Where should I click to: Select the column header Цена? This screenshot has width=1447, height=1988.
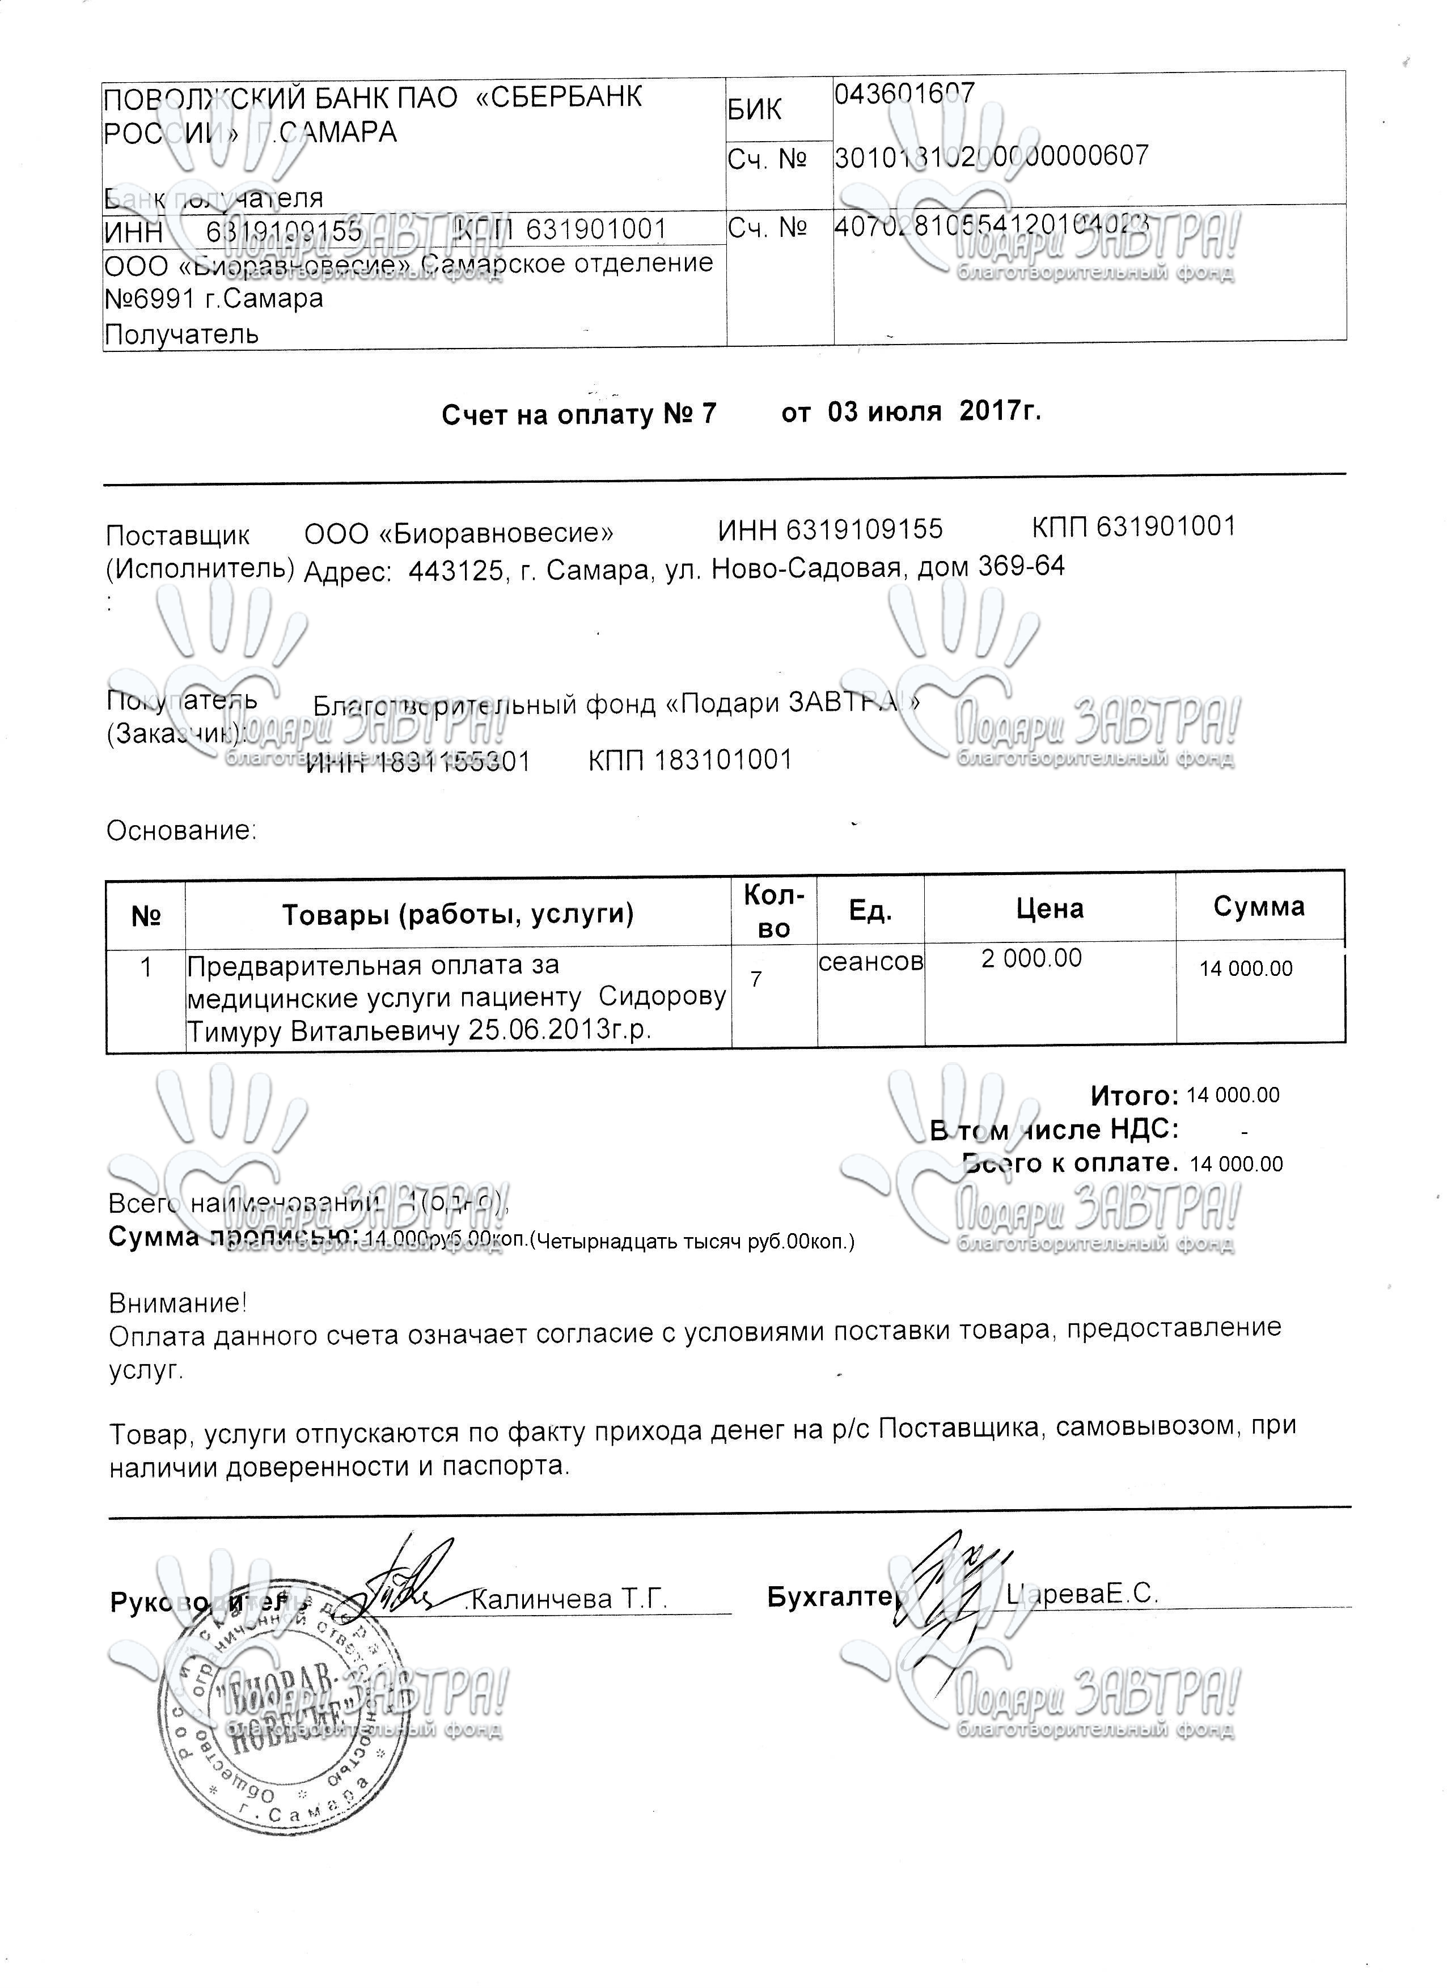(x=1050, y=908)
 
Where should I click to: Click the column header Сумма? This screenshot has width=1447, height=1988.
(x=1258, y=906)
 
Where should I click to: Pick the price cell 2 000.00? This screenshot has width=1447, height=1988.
(x=1031, y=958)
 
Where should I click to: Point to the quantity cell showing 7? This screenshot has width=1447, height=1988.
(x=756, y=978)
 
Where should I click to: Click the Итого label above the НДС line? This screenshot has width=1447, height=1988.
(x=1134, y=1095)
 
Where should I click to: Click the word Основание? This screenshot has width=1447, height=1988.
(x=181, y=830)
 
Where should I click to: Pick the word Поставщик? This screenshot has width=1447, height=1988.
(x=177, y=535)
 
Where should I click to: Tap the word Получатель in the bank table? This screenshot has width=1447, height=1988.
(x=181, y=334)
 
